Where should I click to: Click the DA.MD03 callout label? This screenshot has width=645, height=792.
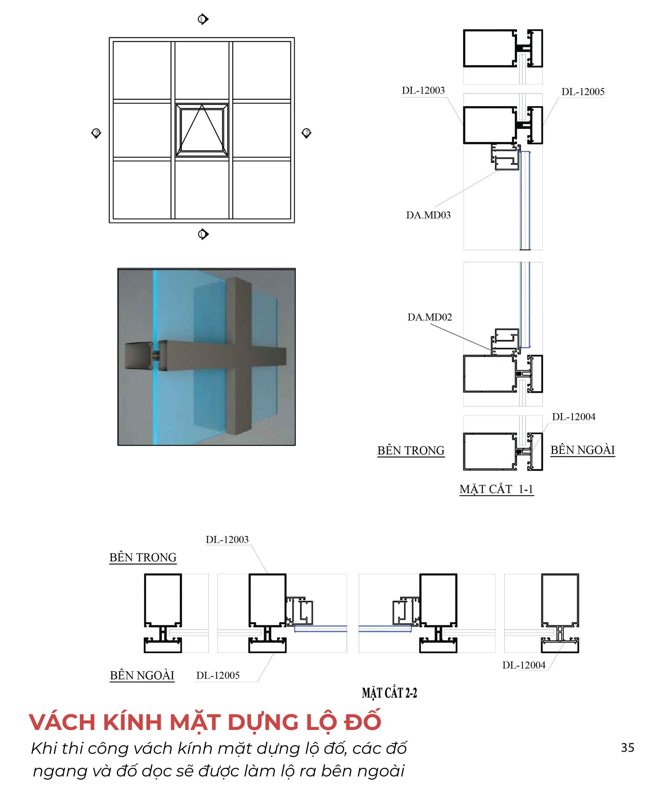pos(428,215)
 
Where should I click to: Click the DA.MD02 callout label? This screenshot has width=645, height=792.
pos(429,317)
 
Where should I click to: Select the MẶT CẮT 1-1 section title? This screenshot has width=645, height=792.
pos(496,489)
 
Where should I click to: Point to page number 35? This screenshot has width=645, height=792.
pos(628,748)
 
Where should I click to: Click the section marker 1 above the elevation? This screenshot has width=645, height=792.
pos(203,19)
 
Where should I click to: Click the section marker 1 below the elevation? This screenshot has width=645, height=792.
pos(203,234)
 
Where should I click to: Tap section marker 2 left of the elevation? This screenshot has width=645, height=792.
pos(96,133)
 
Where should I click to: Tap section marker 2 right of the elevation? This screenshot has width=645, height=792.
pos(307,133)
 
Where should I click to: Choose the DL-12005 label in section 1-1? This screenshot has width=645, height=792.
pos(583,92)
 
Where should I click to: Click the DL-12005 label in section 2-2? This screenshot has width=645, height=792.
pos(218,675)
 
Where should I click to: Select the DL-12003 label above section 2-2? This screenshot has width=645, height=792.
pos(227,540)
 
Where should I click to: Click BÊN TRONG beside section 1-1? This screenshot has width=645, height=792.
pos(411,451)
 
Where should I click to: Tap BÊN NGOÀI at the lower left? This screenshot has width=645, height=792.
pos(142,675)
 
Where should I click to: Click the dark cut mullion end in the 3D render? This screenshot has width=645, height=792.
pos(137,356)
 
